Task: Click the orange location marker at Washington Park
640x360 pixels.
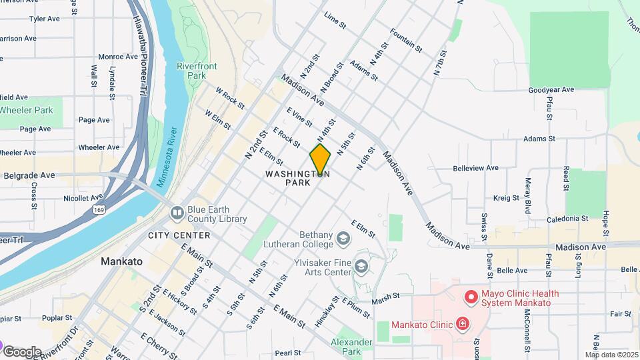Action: tap(320, 160)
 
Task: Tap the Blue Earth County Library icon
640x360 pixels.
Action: tap(177, 213)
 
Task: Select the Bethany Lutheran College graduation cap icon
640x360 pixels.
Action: tap(343, 238)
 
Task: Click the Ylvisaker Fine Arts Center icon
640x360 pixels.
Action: tap(361, 267)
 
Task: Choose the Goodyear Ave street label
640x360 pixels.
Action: tap(551, 89)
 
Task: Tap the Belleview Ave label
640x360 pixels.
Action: tap(476, 168)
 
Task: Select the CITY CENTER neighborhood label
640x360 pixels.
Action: tap(179, 235)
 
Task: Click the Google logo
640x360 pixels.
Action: tap(22, 351)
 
